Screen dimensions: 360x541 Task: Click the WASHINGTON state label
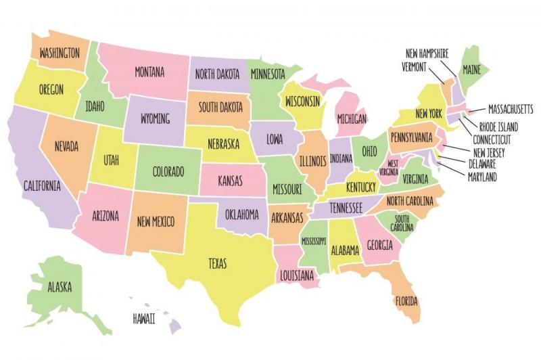click(60, 52)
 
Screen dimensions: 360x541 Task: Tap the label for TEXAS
click(217, 263)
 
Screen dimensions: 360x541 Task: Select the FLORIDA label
click(406, 300)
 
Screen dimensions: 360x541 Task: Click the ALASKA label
click(60, 287)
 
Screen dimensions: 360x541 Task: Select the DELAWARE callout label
click(482, 164)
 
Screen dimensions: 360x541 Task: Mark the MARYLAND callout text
click(482, 177)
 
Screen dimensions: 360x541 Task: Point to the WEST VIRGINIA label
click(392, 168)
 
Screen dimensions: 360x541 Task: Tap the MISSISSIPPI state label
click(314, 241)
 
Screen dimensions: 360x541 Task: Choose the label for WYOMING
click(155, 118)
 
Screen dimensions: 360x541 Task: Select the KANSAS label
click(231, 181)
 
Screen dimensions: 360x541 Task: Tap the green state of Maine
click(471, 69)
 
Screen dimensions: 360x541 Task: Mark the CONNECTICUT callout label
click(492, 139)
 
